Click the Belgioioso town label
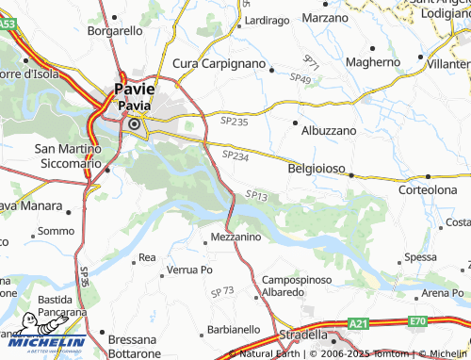pos(317,168)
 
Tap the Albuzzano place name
pos(329,131)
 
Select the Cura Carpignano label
pos(220,63)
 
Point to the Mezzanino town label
pos(235,237)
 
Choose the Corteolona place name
pos(428,188)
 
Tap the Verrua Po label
pos(189,270)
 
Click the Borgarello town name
pos(115,31)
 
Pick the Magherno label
pos(373,61)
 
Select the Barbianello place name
pos(233,329)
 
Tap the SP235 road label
pos(234,122)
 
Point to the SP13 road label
pos(257,195)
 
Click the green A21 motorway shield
pos(357,322)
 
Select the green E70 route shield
pos(417,322)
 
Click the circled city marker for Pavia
pos(134,123)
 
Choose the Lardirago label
pos(267,20)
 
